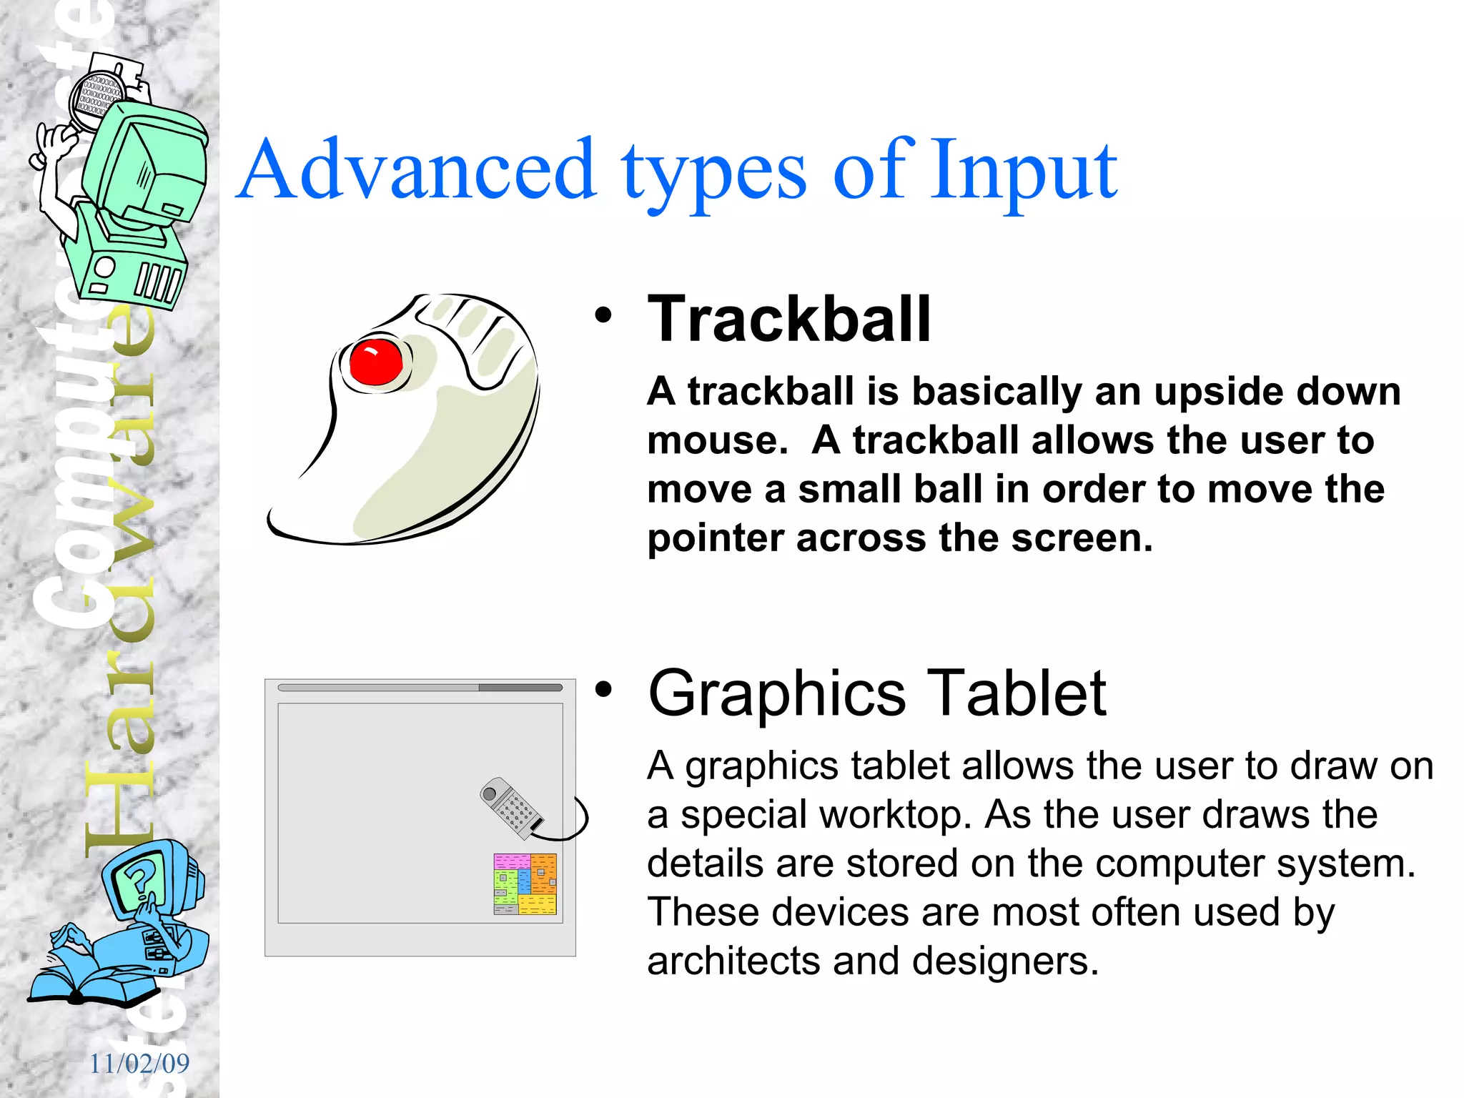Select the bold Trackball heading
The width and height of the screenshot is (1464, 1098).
789,320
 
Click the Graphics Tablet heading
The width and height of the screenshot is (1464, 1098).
876,693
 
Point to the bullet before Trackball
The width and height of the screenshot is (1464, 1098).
604,315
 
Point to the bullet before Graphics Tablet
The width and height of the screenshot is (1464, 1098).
604,689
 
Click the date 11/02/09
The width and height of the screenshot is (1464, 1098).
139,1064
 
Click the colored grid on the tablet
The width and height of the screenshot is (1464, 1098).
525,884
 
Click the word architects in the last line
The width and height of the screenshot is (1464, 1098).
733,961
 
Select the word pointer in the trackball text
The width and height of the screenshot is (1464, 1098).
716,538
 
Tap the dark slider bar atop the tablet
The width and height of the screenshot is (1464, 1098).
520,688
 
